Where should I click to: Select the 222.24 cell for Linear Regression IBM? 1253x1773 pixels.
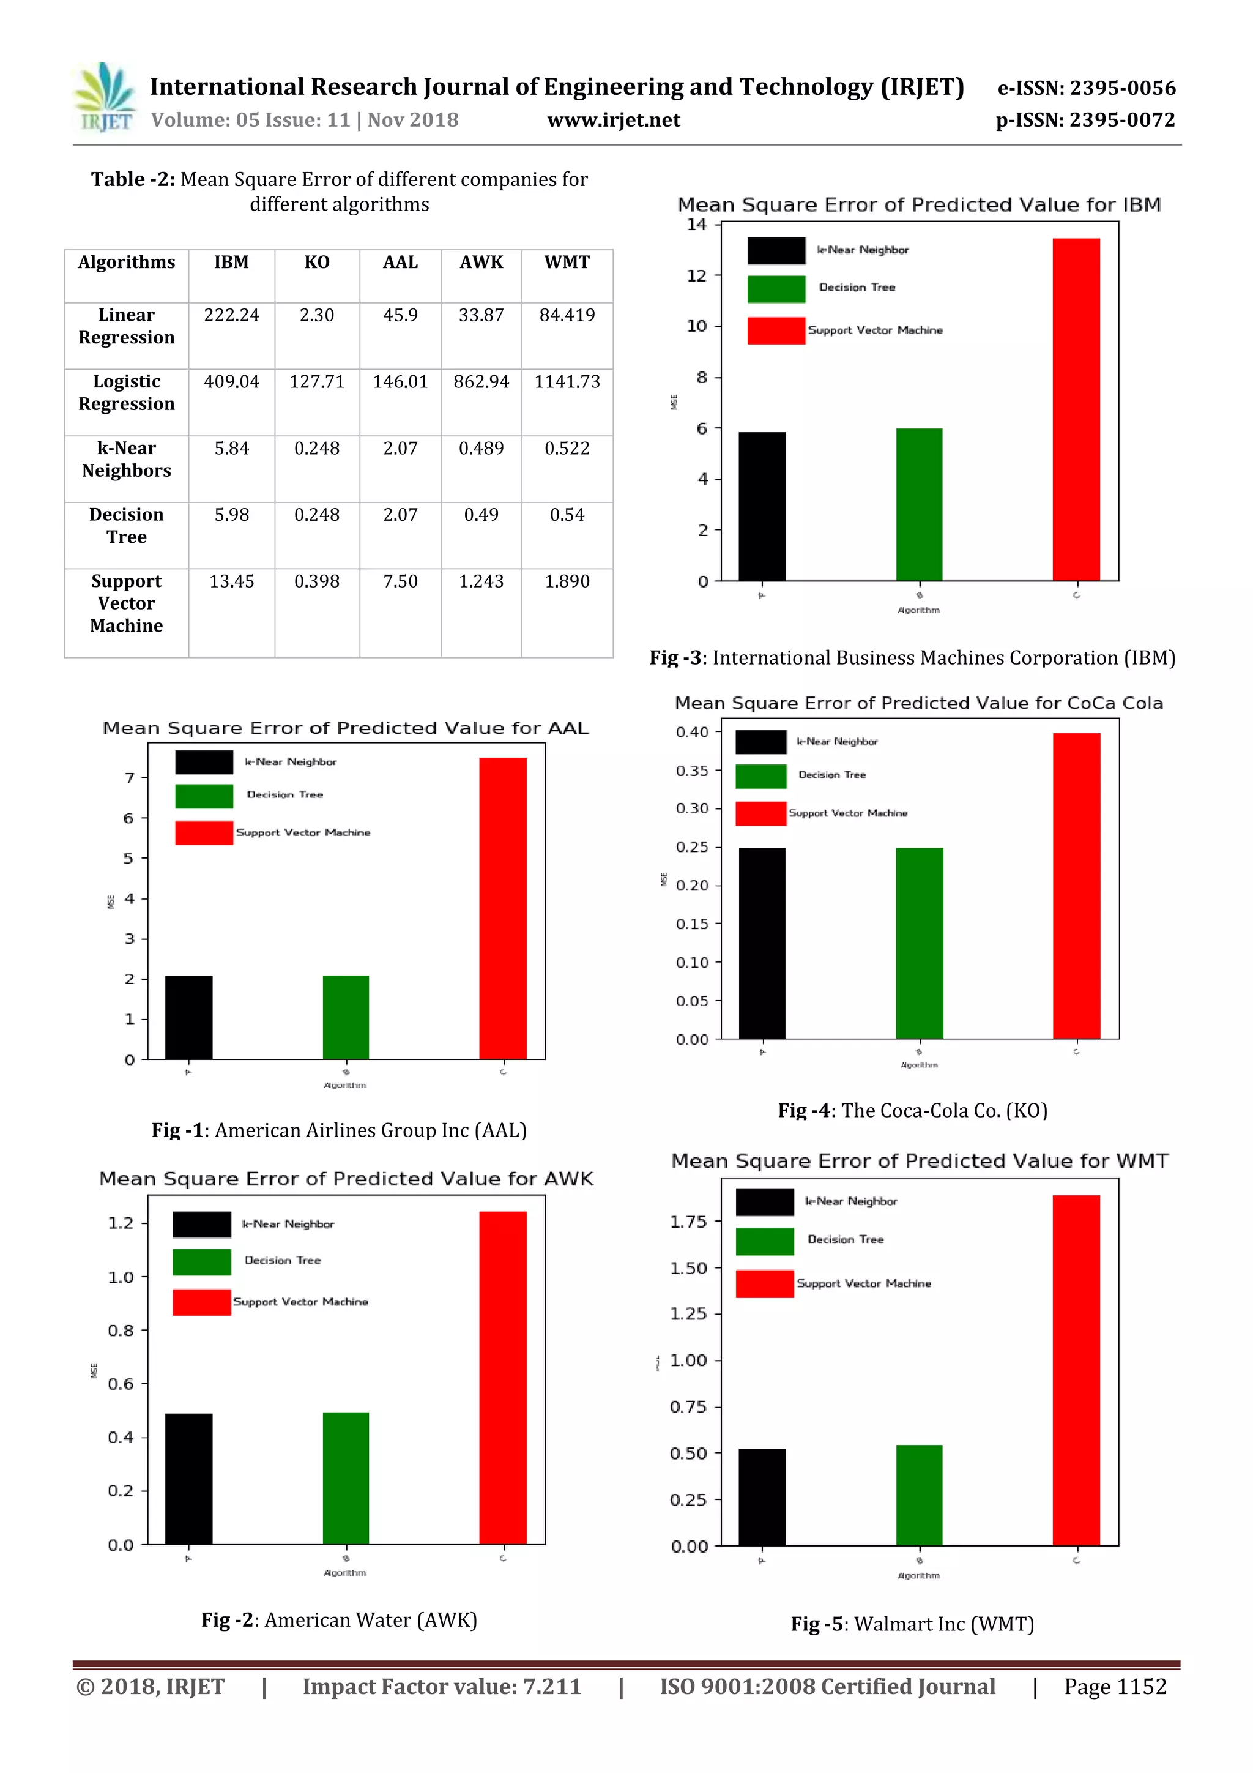tap(232, 315)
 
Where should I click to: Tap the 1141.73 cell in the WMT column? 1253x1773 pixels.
tap(567, 381)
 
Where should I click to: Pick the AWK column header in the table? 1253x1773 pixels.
tap(481, 263)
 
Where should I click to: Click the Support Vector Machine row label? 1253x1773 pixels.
tap(127, 603)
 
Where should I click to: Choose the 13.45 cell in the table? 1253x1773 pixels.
tap(232, 581)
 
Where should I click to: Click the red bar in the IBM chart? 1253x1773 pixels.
tap(1076, 409)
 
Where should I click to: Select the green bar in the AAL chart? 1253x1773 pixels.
tap(346, 1017)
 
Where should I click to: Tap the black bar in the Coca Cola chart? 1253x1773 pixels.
tap(762, 943)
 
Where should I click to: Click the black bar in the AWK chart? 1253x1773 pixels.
tap(188, 1478)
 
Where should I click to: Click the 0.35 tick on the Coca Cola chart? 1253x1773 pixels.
tap(692, 771)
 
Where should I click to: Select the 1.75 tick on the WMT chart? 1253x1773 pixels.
tap(689, 1222)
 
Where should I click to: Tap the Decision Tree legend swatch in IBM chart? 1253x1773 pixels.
tap(776, 289)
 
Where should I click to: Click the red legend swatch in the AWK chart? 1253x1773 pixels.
tap(201, 1302)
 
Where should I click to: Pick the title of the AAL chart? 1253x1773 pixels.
tap(345, 728)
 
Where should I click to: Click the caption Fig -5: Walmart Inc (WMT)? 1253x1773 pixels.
tap(912, 1624)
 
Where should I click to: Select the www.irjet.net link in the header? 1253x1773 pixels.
tap(614, 121)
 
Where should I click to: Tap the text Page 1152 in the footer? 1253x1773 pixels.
tap(1115, 1687)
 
